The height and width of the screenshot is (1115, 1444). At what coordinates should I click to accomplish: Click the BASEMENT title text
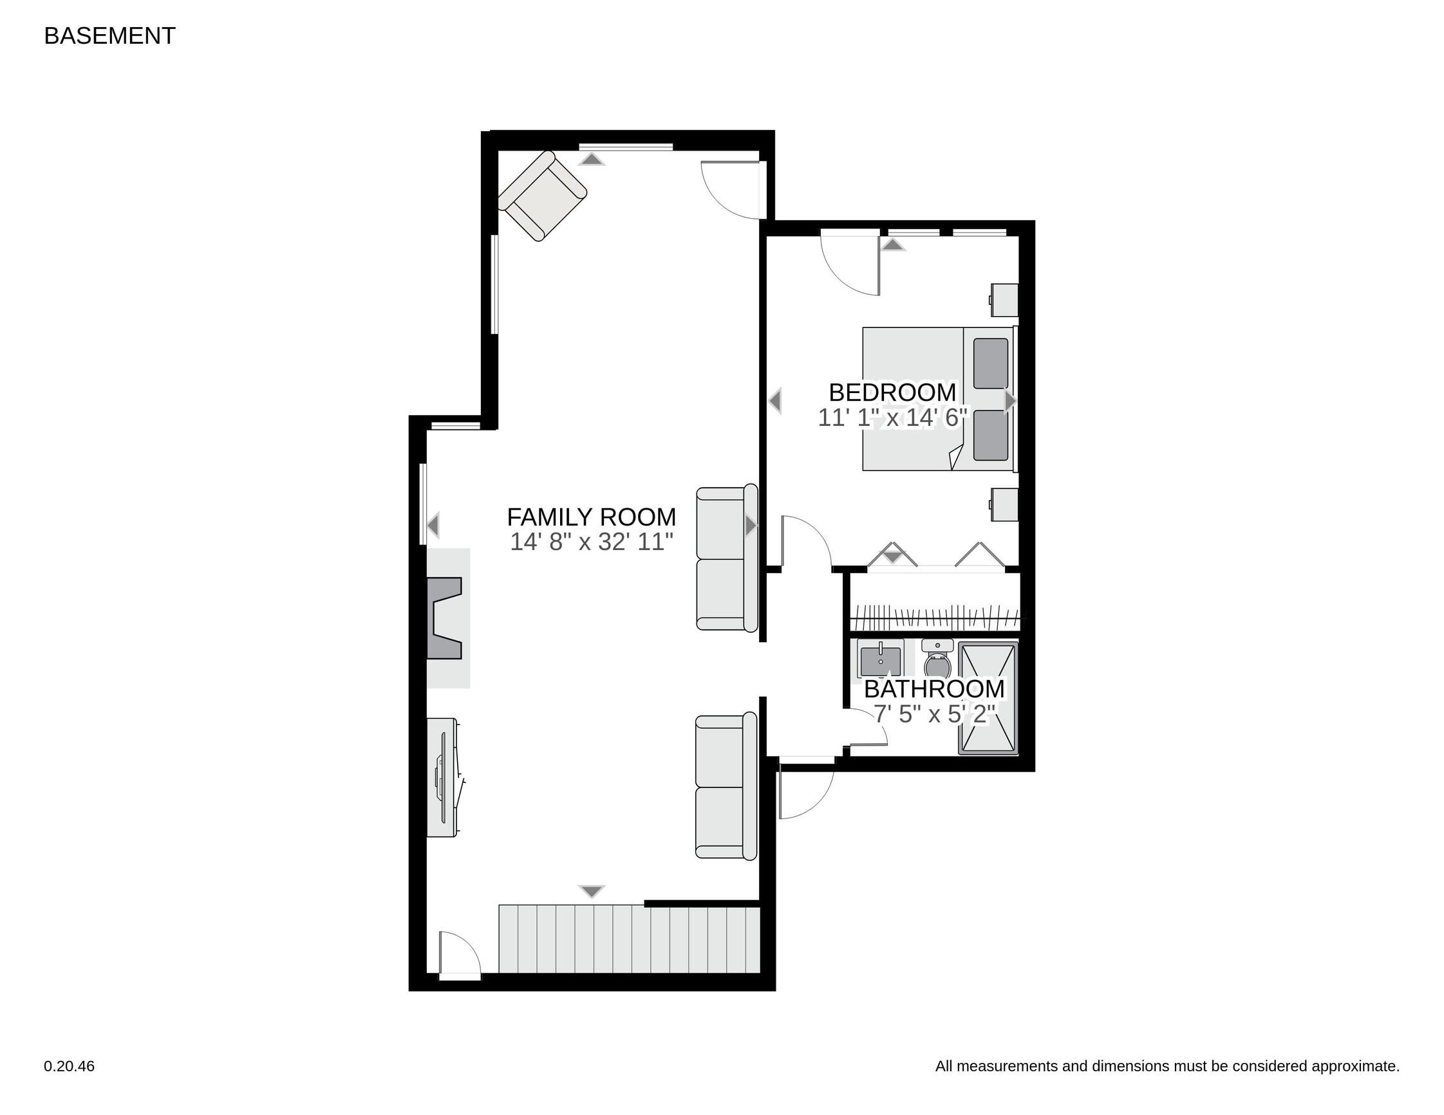[x=109, y=35]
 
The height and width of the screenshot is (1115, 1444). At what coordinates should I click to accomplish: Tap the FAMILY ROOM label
[x=591, y=517]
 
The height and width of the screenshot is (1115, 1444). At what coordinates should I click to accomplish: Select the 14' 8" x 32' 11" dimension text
[x=591, y=542]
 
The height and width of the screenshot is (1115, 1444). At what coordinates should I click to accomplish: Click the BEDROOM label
[x=892, y=392]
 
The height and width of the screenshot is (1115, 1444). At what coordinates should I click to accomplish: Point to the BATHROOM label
[x=934, y=688]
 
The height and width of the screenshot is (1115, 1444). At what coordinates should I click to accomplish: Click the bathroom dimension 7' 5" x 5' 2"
[x=934, y=714]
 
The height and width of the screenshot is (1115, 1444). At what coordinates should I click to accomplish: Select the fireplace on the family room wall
[x=448, y=618]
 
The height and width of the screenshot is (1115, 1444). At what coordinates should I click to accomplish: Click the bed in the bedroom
[x=939, y=398]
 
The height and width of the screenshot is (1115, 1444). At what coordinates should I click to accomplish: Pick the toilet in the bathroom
[x=937, y=656]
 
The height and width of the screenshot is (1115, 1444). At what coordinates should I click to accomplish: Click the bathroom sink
[x=881, y=658]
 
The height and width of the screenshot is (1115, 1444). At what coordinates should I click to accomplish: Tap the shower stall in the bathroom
[x=988, y=698]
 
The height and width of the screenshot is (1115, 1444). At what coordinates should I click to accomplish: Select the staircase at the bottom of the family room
[x=629, y=939]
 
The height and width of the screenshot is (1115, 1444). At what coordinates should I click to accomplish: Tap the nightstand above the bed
[x=1004, y=299]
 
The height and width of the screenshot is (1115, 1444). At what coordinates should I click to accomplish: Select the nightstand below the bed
[x=1004, y=504]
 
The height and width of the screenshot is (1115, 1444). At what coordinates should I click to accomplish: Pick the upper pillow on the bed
[x=991, y=364]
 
